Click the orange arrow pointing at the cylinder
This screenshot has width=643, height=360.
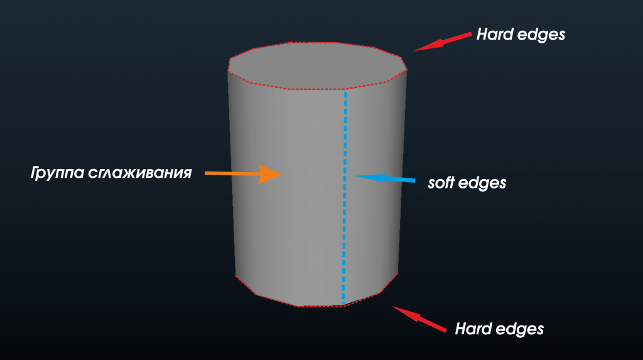[243, 174]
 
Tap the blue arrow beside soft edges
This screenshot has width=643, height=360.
[386, 178]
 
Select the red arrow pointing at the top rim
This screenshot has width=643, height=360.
[443, 42]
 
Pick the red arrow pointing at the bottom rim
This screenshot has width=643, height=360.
[419, 319]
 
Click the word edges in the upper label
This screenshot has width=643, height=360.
[541, 36]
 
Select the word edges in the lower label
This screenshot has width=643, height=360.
[519, 330]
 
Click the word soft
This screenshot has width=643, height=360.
[440, 183]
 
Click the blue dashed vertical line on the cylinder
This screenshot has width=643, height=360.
[345, 198]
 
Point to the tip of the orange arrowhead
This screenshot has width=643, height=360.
[282, 175]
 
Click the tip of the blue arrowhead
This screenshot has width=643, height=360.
[355, 176]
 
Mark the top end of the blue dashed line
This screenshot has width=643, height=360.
[346, 92]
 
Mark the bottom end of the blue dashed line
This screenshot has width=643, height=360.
[343, 303]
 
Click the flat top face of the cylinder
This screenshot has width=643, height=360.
[317, 66]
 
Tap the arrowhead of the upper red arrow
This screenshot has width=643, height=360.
[426, 46]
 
